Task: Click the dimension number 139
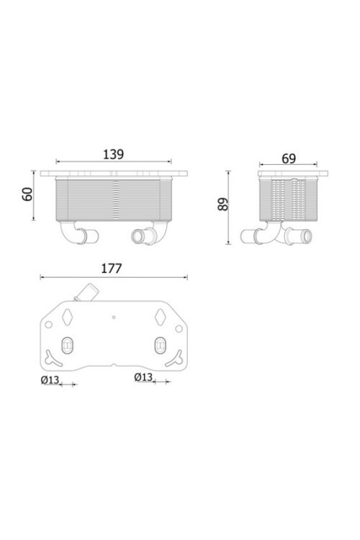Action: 113,153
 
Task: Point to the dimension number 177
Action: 111,269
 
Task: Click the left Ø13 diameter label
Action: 50,379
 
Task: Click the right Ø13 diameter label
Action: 143,377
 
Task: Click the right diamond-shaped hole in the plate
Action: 159,316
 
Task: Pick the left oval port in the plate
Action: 67,345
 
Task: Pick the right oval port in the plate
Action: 159,345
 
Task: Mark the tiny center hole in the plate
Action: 113,315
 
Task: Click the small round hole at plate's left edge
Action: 48,327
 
